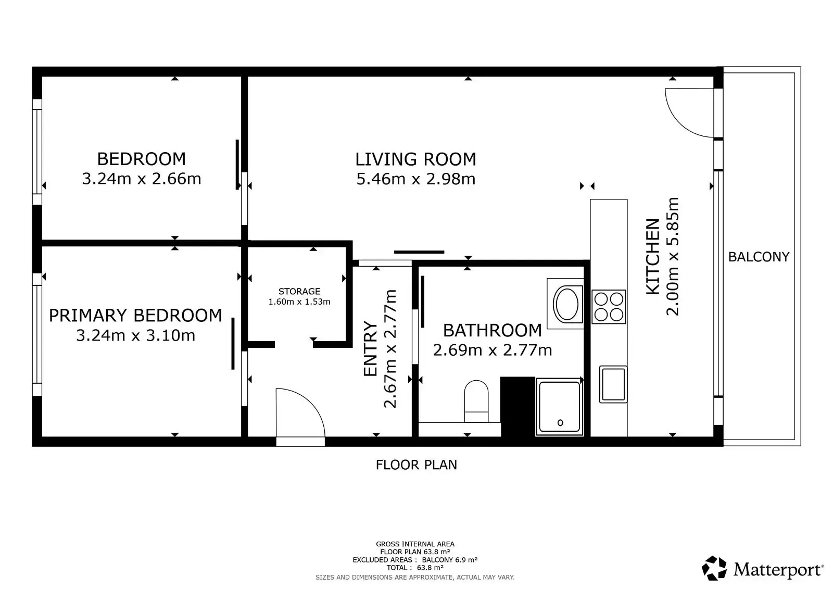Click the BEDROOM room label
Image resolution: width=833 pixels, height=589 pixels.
tap(141, 159)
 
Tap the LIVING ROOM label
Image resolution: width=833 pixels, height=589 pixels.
tap(416, 160)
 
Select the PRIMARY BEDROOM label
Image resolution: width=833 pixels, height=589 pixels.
tap(135, 316)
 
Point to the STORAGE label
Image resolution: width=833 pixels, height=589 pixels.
tap(299, 291)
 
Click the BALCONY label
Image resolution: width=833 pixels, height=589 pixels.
tap(759, 257)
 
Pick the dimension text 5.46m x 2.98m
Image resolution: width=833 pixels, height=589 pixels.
tap(416, 179)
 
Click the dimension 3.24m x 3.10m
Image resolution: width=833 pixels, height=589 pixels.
tap(136, 335)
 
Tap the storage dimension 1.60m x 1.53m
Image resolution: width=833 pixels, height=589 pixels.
tap(299, 302)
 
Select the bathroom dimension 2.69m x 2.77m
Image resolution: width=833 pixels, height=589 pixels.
tap(493, 350)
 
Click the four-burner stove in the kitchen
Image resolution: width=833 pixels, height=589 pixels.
tap(609, 307)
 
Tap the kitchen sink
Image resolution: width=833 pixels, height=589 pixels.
tap(613, 384)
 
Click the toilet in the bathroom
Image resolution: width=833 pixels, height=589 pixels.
tap(476, 402)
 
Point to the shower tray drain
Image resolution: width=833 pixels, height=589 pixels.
tap(560, 423)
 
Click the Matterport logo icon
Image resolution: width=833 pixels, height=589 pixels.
tap(714, 569)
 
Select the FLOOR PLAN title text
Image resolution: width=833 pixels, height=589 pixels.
tap(416, 465)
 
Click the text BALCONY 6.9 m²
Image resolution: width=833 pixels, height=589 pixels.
tap(450, 560)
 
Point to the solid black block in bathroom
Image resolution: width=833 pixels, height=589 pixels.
tap(518, 407)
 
